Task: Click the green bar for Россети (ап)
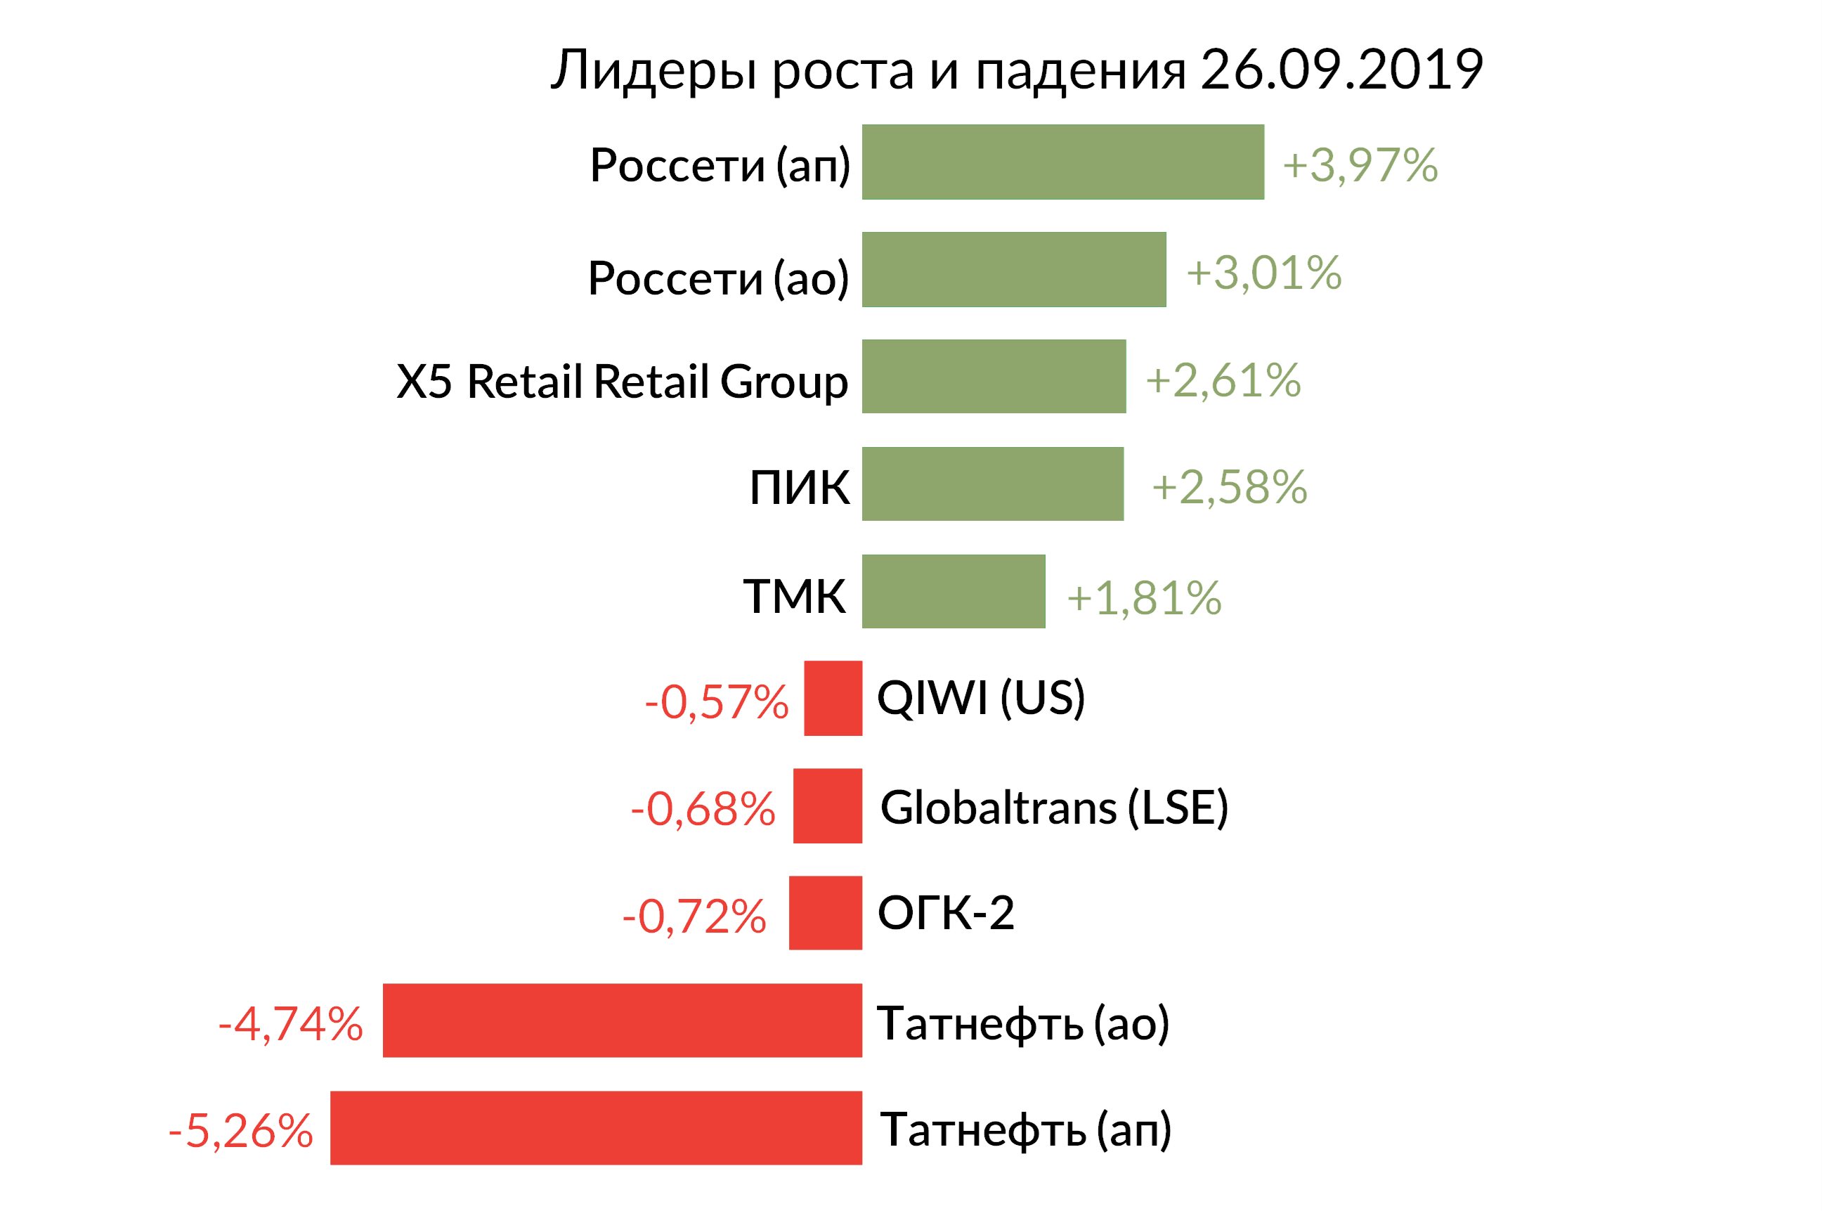point(1062,162)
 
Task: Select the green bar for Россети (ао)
point(1014,269)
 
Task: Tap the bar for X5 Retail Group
point(994,376)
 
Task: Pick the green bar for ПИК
point(992,484)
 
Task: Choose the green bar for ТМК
point(954,591)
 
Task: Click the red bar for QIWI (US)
point(833,698)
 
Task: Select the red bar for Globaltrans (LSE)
point(828,805)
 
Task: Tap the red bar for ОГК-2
point(826,913)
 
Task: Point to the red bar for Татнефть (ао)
point(623,1021)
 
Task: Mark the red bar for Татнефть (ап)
point(596,1127)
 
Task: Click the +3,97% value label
point(1360,165)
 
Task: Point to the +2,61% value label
point(1223,380)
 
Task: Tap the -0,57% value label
point(717,702)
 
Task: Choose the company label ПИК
point(799,487)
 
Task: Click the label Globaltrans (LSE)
point(1054,808)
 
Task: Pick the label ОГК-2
point(946,913)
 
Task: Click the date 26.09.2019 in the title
point(1341,70)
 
